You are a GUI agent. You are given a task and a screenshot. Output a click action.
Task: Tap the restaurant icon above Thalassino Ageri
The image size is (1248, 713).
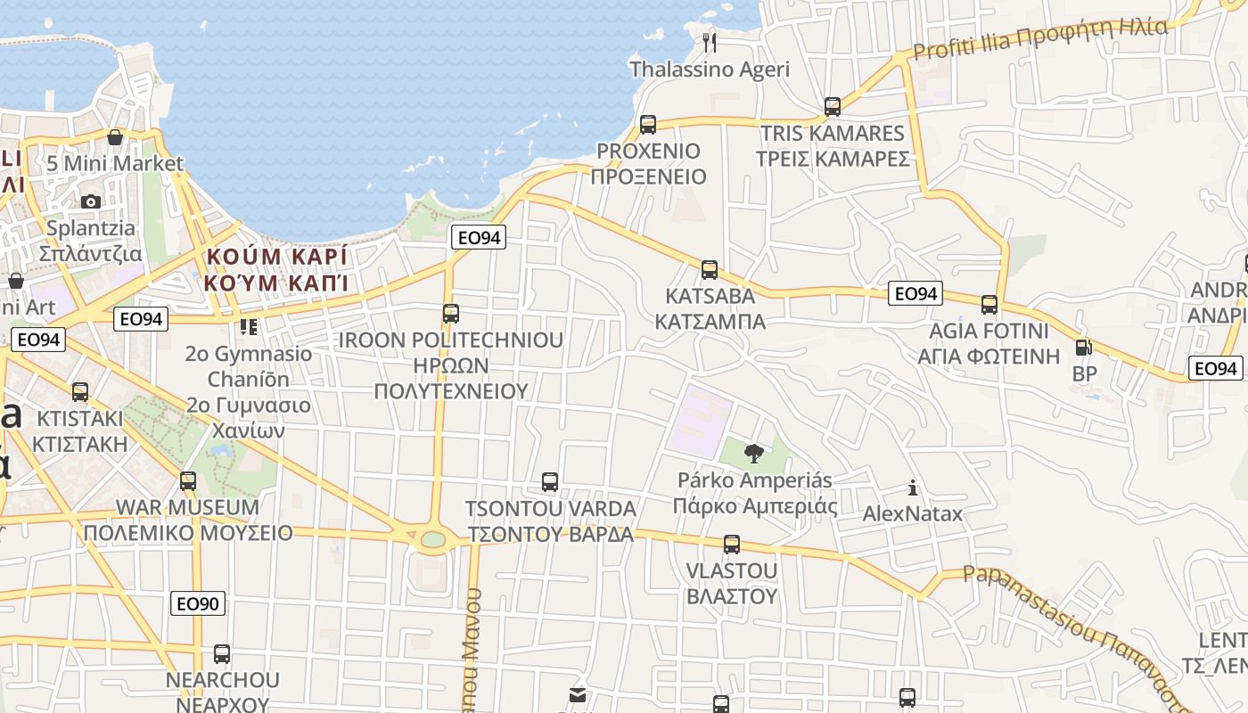pyautogui.click(x=710, y=42)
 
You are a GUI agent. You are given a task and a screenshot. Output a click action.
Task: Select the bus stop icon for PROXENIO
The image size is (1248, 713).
pyautogui.click(x=648, y=124)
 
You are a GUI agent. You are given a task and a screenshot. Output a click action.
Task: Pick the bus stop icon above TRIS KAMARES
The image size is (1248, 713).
pyautogui.click(x=833, y=107)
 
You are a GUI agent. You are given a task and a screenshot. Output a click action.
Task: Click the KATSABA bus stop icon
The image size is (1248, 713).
pyautogui.click(x=710, y=269)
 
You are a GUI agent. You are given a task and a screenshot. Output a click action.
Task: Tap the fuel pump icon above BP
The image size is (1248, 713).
pyautogui.click(x=1084, y=348)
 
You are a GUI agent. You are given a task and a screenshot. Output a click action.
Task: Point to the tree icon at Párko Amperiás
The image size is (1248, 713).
pyautogui.click(x=754, y=454)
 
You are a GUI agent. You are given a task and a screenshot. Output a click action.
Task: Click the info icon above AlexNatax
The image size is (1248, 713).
pyautogui.click(x=912, y=488)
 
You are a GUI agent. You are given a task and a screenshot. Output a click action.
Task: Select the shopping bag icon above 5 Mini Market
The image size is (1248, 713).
pyautogui.click(x=115, y=137)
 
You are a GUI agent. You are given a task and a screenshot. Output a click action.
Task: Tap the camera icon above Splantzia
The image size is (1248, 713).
pyautogui.click(x=91, y=202)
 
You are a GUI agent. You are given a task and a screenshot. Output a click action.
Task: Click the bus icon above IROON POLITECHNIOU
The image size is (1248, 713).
pyautogui.click(x=451, y=314)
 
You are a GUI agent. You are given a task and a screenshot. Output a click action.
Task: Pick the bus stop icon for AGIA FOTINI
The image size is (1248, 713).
pyautogui.click(x=989, y=305)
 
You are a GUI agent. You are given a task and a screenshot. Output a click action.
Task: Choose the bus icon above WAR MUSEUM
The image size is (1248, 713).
pyautogui.click(x=188, y=481)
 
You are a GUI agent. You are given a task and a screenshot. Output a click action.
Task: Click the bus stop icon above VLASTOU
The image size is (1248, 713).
pyautogui.click(x=732, y=544)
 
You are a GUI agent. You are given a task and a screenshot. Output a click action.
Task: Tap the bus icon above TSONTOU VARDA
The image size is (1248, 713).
pyautogui.click(x=550, y=482)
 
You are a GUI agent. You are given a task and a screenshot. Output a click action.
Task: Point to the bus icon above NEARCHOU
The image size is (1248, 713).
pyautogui.click(x=222, y=654)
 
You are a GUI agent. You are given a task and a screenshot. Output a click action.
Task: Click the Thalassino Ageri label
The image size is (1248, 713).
pyautogui.click(x=710, y=70)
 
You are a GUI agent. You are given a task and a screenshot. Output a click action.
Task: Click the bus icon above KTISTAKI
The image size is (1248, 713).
pyautogui.click(x=80, y=391)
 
